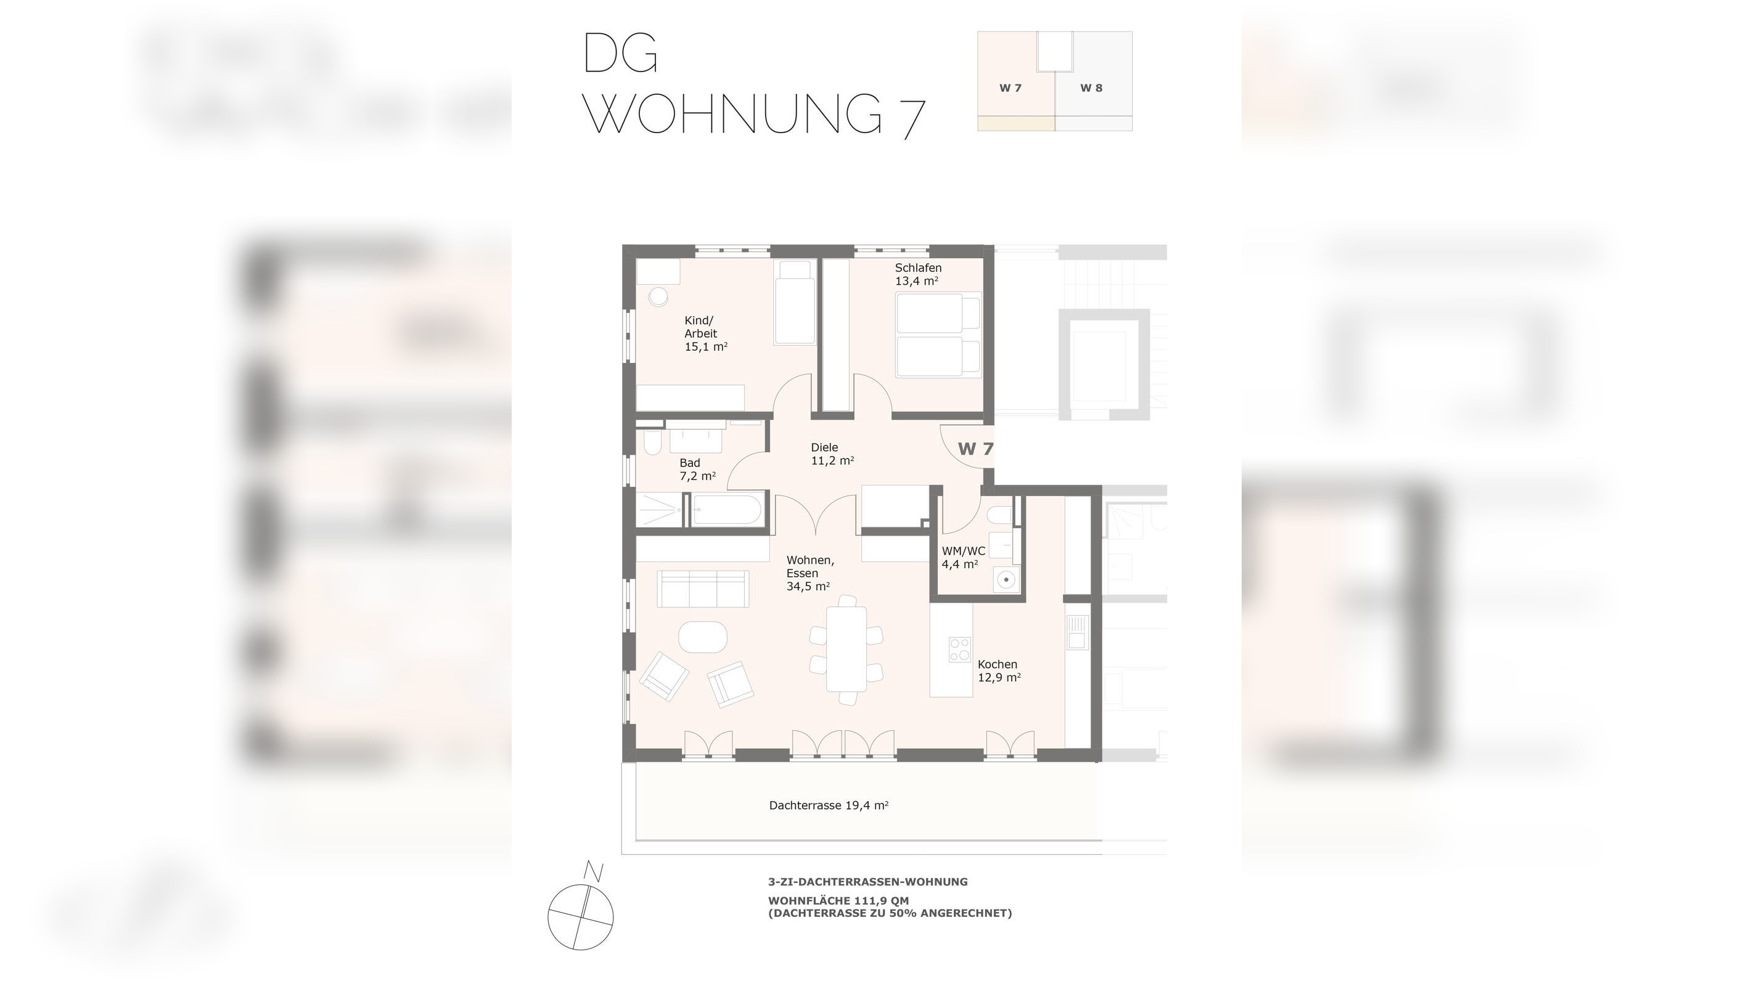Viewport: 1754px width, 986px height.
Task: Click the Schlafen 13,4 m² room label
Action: coord(917,274)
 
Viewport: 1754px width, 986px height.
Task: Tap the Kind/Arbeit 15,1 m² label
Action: coord(705,333)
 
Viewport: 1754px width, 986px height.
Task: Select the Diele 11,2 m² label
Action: coord(832,454)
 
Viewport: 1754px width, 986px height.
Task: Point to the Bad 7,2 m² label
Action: coord(697,470)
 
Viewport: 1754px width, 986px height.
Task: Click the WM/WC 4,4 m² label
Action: coord(963,557)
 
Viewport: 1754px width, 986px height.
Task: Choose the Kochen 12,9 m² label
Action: coord(999,670)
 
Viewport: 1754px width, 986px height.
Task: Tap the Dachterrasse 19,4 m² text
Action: coord(829,805)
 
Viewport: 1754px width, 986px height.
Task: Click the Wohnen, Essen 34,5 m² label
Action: coord(809,573)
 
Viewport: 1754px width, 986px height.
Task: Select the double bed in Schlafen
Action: coord(938,335)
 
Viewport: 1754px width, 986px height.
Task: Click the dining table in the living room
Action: coord(846,649)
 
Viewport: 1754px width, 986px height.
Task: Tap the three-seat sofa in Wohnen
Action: coord(703,589)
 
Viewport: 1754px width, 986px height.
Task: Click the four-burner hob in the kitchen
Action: coord(960,649)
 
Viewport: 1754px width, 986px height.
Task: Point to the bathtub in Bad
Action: coord(726,510)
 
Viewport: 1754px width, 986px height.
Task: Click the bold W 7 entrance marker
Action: coord(976,449)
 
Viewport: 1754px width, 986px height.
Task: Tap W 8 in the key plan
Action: coord(1091,88)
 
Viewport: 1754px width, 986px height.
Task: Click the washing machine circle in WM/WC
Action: coord(1005,580)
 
